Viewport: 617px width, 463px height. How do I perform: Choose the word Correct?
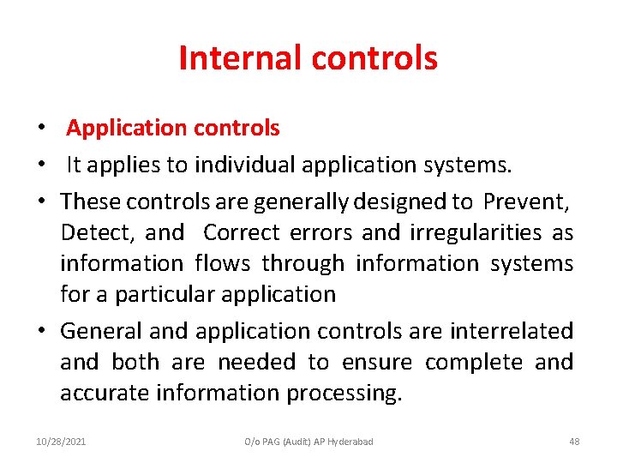(242, 233)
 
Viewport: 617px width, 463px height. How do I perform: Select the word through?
(303, 264)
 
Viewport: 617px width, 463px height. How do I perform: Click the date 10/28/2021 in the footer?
(61, 442)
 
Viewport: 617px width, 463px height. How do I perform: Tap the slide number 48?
(574, 442)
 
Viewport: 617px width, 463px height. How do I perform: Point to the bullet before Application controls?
(41, 129)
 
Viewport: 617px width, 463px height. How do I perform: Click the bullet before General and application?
(41, 331)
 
